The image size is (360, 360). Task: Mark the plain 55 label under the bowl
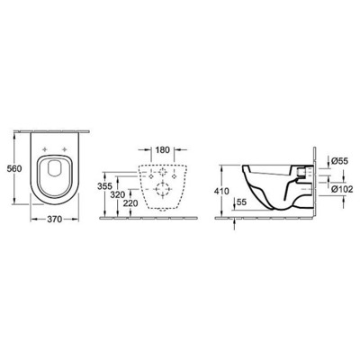tap(240, 205)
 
